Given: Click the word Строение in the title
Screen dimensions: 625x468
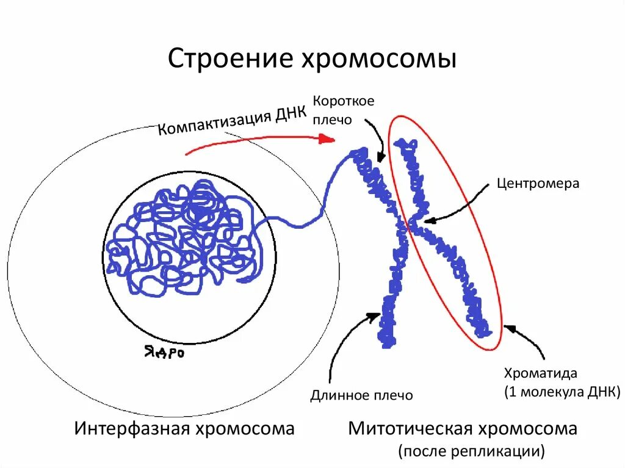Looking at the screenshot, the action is [228, 60].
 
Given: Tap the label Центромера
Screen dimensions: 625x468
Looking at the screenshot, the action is [538, 183].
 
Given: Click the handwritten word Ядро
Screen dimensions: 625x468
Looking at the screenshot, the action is [164, 353].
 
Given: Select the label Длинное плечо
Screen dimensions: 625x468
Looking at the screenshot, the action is [361, 395].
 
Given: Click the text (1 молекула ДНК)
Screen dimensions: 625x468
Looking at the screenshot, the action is [562, 391].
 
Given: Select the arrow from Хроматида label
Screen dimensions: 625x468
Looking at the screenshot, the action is [525, 342].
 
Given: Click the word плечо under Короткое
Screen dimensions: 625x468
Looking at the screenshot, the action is [332, 120].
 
